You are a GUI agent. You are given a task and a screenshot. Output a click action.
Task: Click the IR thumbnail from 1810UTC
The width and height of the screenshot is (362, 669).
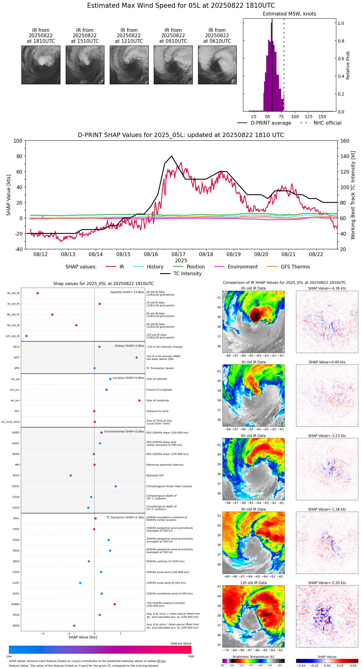[41, 65]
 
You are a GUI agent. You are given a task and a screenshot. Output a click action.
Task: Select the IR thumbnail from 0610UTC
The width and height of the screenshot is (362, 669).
[217, 65]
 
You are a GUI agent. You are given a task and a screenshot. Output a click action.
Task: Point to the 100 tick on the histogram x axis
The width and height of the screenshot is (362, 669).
[295, 117]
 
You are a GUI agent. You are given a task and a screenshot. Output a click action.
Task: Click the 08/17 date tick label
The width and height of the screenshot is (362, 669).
[179, 255]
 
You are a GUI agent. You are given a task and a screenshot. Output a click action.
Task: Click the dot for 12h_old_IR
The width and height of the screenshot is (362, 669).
[27, 336]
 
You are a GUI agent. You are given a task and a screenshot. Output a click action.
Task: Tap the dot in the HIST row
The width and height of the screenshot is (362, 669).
[137, 357]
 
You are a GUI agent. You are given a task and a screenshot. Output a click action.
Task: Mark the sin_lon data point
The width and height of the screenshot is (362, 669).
[139, 401]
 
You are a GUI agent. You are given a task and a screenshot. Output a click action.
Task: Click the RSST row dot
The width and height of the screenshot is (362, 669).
[71, 476]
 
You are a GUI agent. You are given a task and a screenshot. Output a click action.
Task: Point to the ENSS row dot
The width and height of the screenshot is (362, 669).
[74, 626]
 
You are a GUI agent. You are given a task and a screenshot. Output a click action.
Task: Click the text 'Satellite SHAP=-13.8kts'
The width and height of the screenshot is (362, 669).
[127, 292]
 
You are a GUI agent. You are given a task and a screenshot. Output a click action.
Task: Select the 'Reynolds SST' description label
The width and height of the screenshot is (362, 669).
[155, 476]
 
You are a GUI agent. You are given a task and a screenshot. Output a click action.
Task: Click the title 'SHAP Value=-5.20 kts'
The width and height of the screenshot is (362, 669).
[327, 583]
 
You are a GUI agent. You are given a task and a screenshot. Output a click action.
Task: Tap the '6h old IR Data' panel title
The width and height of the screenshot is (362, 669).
[253, 436]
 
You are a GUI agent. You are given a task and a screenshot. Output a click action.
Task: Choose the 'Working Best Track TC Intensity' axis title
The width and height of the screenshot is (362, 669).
[353, 195]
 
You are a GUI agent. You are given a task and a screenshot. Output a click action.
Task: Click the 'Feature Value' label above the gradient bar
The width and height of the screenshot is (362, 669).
[181, 644]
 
